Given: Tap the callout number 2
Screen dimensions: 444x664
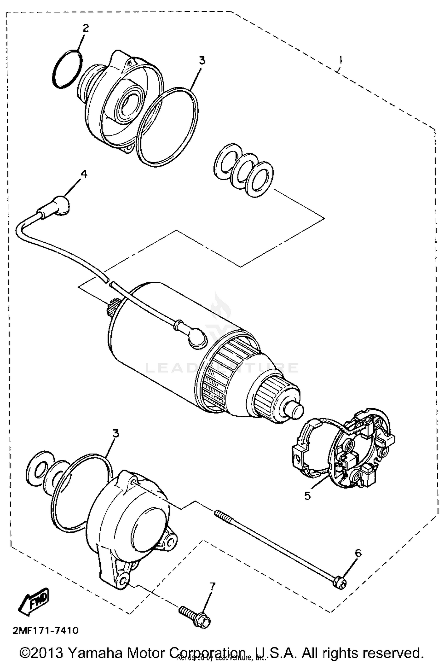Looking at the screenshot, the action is point(85,28).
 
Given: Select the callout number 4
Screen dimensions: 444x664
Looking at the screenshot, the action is point(84,174).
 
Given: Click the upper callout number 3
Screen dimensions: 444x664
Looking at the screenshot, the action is point(202,60).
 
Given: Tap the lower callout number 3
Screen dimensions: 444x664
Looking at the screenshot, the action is point(116,433).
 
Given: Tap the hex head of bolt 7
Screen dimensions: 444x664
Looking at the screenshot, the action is point(202,620).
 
